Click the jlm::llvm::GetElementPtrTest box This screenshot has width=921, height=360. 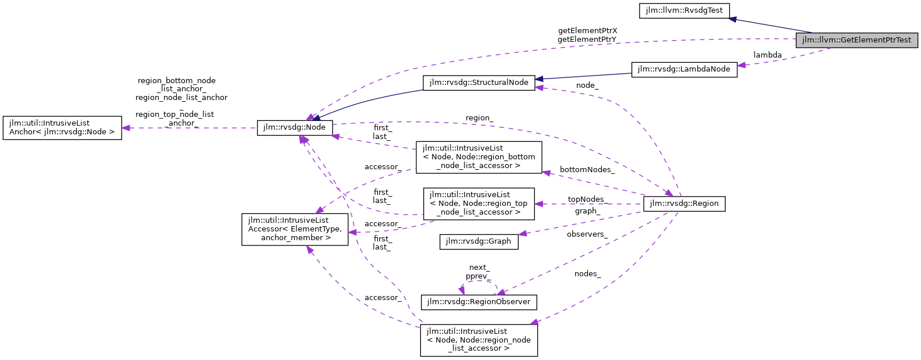[856, 40]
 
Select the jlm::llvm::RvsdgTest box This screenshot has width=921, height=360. [684, 10]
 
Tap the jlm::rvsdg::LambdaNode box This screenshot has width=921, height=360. [684, 69]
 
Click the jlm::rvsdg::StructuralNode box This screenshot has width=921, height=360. [479, 83]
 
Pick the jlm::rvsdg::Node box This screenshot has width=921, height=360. [295, 127]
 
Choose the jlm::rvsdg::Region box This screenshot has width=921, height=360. [684, 204]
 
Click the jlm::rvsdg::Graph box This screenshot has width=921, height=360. [479, 241]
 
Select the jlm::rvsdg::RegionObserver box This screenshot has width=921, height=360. [479, 302]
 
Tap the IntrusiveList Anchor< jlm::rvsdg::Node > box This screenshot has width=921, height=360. [62, 127]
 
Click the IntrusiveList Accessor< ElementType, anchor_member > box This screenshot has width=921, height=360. [295, 229]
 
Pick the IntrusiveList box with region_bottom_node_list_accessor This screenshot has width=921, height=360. [479, 157]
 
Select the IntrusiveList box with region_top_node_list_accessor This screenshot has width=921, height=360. [479, 204]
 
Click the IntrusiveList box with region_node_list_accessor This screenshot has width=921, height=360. [479, 340]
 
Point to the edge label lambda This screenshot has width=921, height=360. [767, 55]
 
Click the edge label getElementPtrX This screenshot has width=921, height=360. [587, 31]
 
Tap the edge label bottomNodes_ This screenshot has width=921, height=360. [587, 170]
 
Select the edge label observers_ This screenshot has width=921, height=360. [587, 234]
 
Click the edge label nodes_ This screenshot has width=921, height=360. [587, 274]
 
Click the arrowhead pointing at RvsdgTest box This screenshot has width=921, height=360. [733, 19]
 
